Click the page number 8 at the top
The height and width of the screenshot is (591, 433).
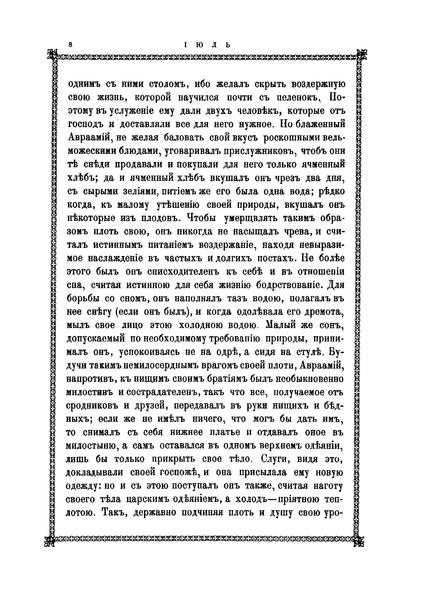point(70,45)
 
